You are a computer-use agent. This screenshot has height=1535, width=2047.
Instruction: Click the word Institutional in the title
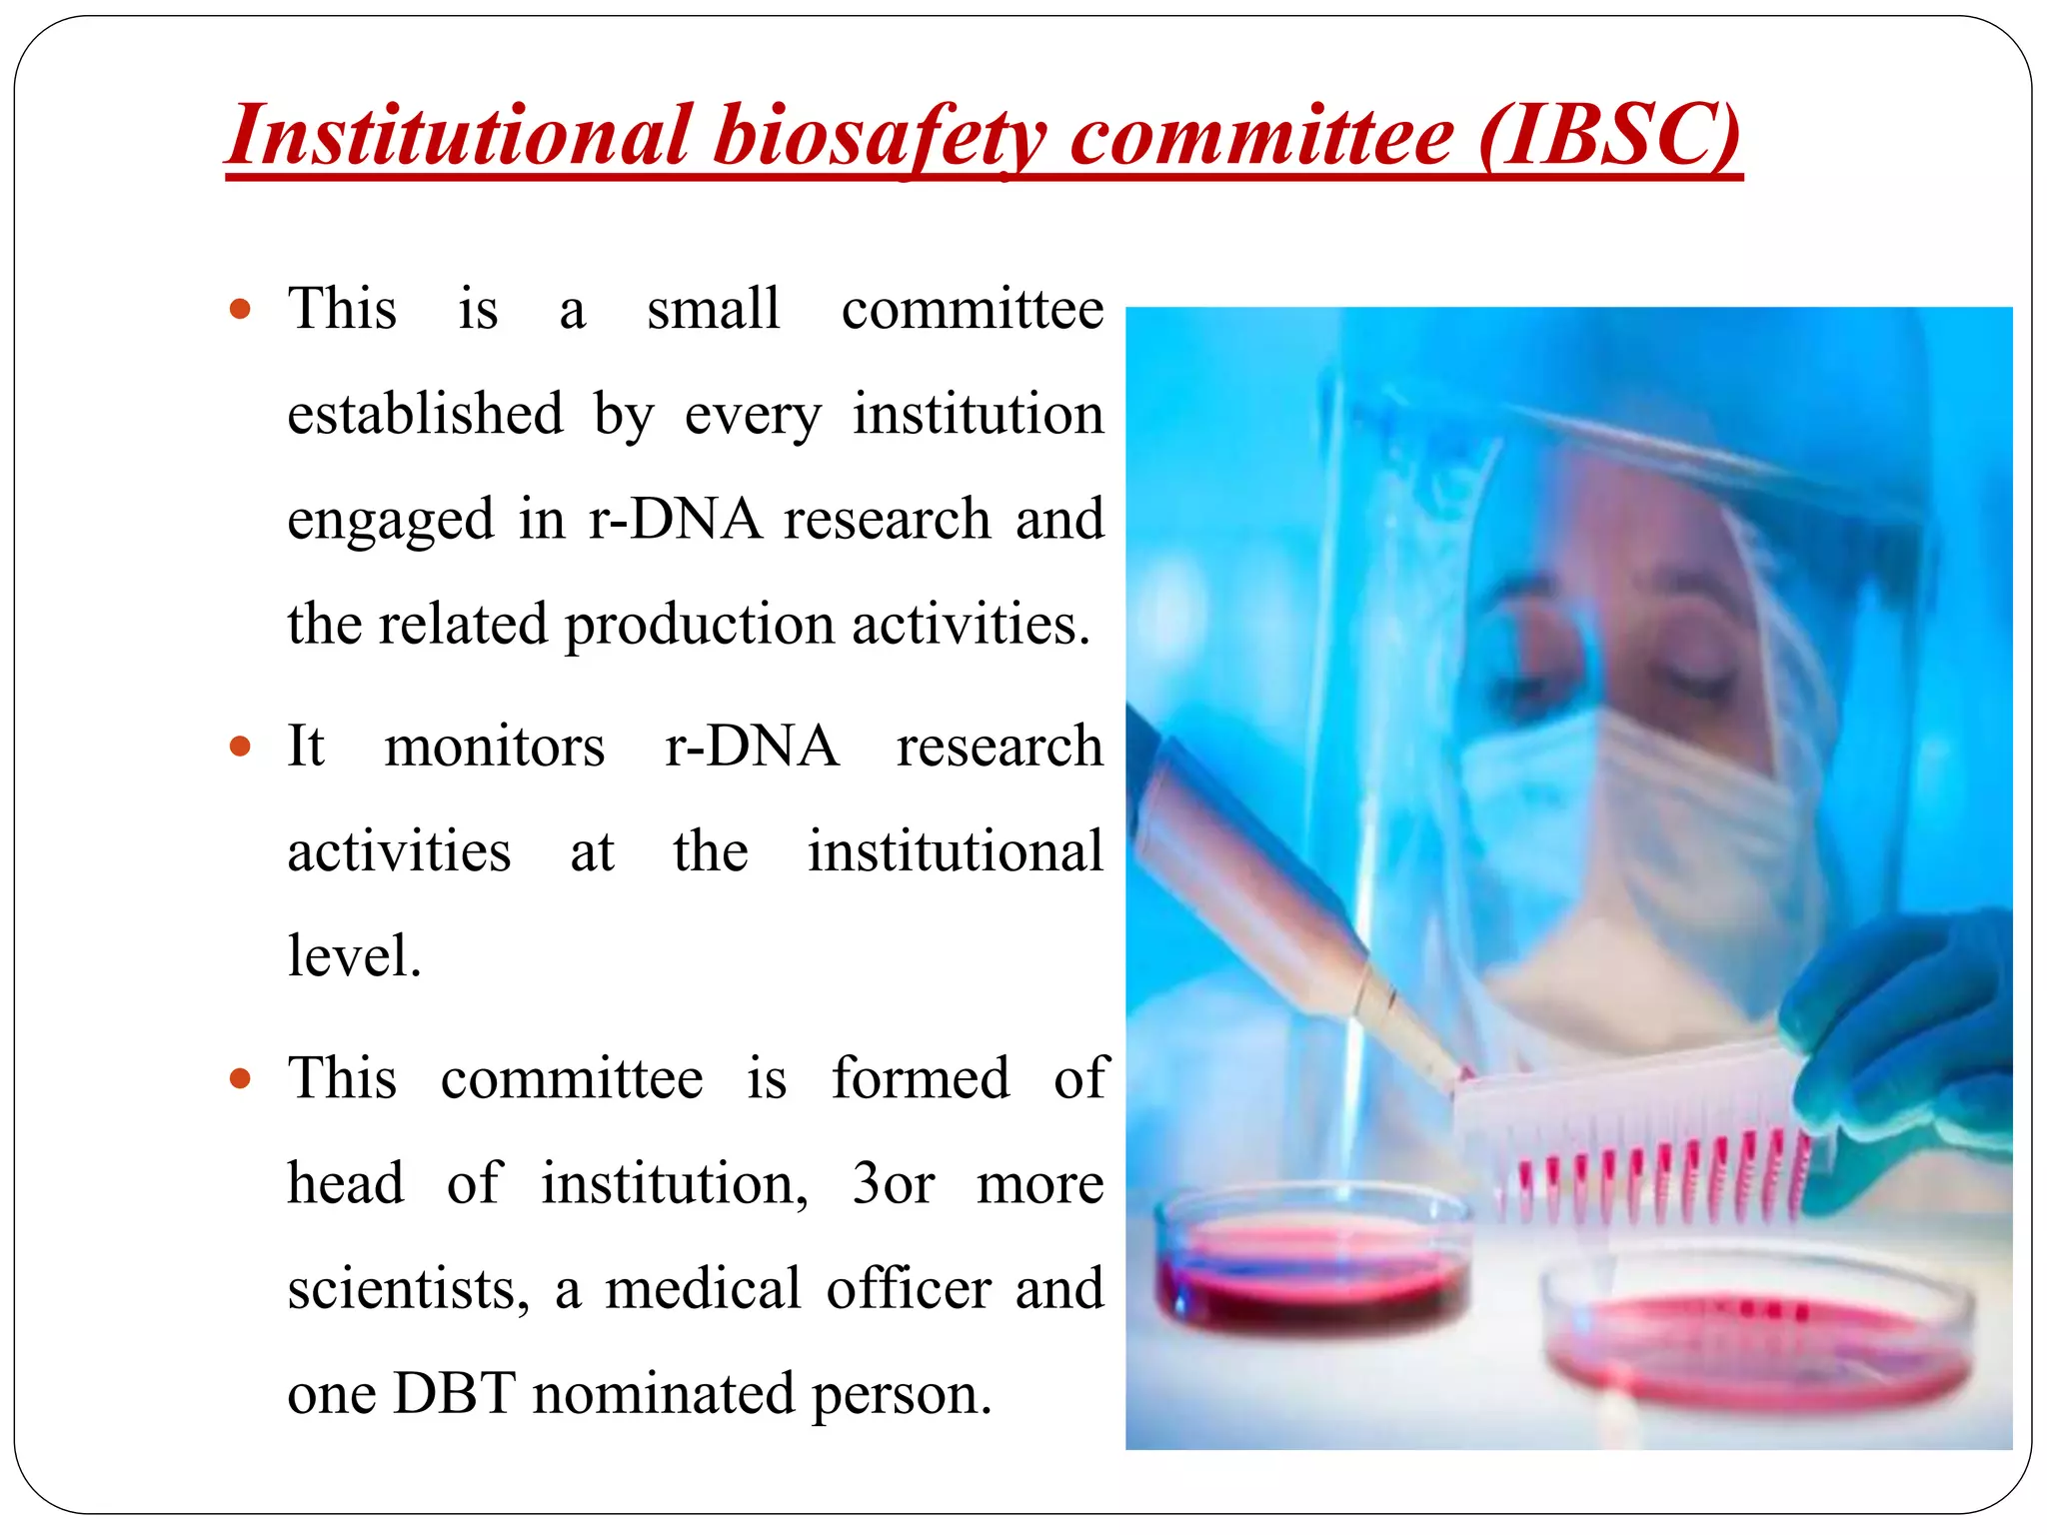[x=459, y=136]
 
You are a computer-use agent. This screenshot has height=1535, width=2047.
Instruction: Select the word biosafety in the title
[x=879, y=138]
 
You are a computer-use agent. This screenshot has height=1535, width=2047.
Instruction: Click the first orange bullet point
[x=240, y=309]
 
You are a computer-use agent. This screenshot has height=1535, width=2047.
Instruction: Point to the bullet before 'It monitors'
[x=240, y=747]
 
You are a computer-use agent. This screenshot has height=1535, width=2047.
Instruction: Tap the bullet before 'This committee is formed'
[x=240, y=1079]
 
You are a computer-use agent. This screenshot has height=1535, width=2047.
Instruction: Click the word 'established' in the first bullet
[x=426, y=414]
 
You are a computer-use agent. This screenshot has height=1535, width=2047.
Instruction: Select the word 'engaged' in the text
[x=391, y=520]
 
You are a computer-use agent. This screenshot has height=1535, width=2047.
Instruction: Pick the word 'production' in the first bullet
[x=700, y=626]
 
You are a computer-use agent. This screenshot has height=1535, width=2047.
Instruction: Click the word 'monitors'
[x=495, y=748]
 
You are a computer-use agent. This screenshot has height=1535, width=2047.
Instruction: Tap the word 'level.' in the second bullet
[x=355, y=956]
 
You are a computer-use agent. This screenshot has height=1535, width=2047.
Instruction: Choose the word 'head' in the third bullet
[x=346, y=1184]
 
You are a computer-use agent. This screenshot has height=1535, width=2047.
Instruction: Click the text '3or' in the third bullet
[x=893, y=1184]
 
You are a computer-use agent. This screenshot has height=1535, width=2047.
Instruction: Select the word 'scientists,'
[x=408, y=1289]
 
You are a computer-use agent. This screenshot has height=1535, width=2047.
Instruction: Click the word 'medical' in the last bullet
[x=703, y=1289]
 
